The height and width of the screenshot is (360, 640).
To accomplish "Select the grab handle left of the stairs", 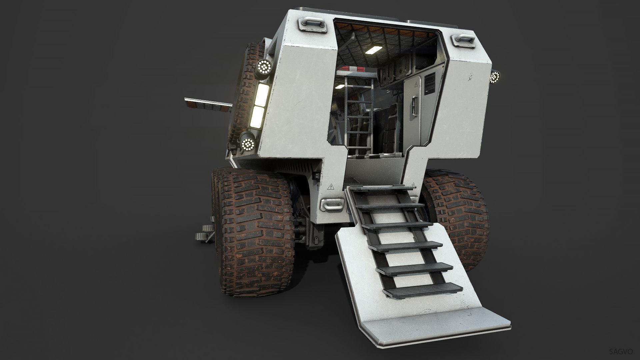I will [331, 204].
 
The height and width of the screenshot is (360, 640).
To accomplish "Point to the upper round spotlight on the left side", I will [265, 67].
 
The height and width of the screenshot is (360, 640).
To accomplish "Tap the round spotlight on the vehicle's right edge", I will [495, 77].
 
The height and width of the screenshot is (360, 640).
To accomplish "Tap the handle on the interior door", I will [415, 105].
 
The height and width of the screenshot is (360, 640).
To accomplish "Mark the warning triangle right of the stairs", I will [414, 185].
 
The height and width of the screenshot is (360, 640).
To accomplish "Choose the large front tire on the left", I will [257, 233].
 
